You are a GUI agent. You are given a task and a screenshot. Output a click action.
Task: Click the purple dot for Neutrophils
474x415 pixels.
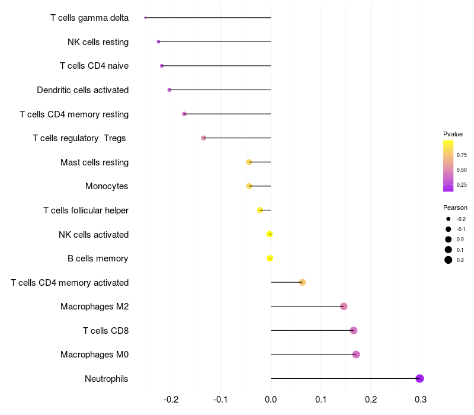tap(419, 379)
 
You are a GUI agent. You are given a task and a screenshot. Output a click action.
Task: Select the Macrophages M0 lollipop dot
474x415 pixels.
tap(356, 355)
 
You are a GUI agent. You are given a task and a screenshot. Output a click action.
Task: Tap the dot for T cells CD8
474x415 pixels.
tap(354, 330)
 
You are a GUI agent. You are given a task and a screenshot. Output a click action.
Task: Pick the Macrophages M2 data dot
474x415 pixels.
tap(344, 307)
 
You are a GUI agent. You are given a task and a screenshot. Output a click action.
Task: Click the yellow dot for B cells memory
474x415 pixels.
tap(270, 258)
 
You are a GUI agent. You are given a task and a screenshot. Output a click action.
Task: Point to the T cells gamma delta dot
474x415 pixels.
tap(145, 18)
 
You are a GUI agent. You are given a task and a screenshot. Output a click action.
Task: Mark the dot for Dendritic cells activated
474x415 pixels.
tap(169, 90)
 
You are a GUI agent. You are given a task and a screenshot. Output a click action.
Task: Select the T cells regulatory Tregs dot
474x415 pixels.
tap(204, 138)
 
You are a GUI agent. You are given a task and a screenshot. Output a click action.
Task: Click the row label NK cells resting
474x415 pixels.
tap(98, 42)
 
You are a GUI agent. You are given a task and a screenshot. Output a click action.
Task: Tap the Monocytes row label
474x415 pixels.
tap(107, 186)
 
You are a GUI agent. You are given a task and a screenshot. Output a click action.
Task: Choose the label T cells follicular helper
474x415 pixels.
tap(86, 210)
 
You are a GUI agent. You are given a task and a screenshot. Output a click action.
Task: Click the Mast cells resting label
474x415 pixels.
tap(94, 162)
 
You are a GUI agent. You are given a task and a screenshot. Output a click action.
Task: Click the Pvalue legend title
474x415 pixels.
tap(453, 134)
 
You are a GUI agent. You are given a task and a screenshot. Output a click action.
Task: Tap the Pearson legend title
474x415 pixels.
tap(455, 207)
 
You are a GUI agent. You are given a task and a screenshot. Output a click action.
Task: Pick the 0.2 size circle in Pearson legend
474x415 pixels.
tap(449, 260)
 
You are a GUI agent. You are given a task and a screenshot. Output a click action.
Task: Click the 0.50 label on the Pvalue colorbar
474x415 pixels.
tap(461, 170)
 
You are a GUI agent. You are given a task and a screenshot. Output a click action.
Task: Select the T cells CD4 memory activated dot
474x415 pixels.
tap(302, 282)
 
